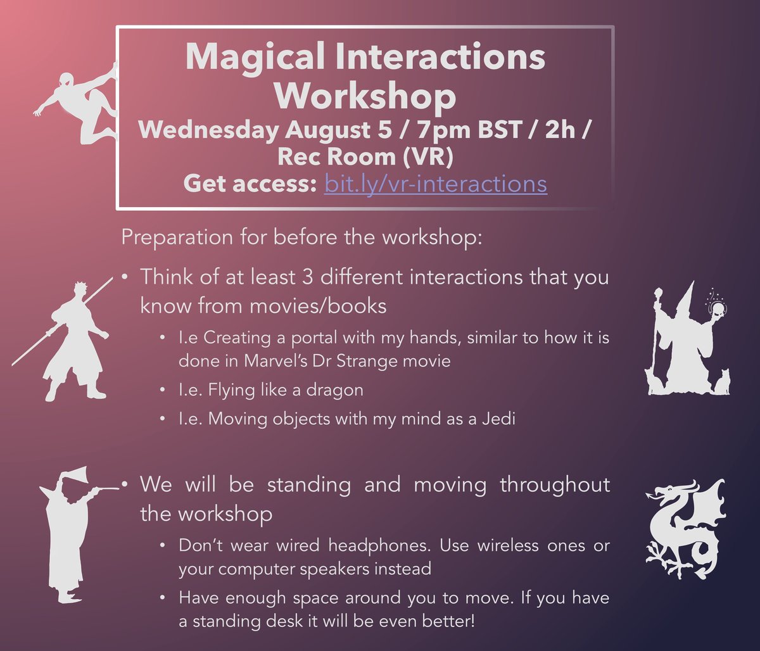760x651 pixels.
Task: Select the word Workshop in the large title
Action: (x=365, y=96)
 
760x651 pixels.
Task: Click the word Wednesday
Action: (x=207, y=131)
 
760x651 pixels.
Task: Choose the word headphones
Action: (x=330, y=545)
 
